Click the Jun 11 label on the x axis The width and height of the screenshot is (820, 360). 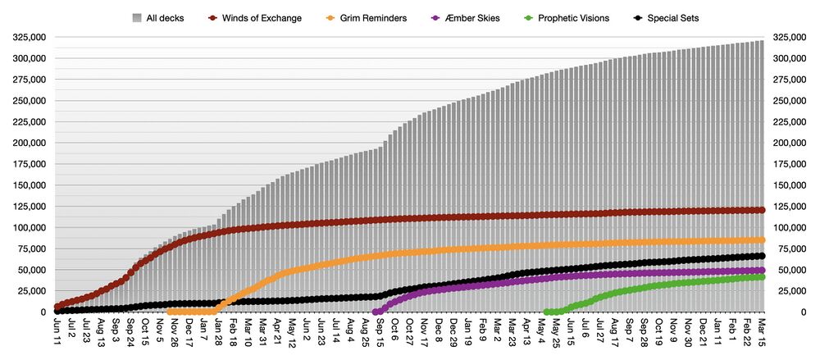pos(57,331)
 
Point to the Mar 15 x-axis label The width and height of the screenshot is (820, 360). pos(761,331)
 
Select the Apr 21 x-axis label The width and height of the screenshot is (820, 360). pos(276,331)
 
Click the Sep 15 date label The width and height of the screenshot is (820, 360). pos(378,331)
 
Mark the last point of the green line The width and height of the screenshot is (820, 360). pos(761,277)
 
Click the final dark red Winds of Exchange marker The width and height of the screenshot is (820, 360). pos(761,210)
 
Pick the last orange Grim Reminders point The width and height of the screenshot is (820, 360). pos(761,239)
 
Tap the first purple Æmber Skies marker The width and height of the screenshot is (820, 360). pos(376,312)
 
